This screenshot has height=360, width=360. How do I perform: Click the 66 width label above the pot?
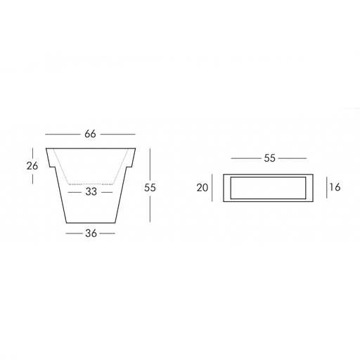click(x=90, y=134)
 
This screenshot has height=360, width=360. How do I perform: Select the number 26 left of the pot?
click(x=32, y=166)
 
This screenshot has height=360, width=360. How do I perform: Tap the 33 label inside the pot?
click(x=91, y=192)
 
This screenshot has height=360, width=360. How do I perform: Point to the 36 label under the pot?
click(x=91, y=233)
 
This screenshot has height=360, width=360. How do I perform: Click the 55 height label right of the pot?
click(x=150, y=188)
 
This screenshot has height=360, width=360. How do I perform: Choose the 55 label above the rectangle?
click(x=269, y=158)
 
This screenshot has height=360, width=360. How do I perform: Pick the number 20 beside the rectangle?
click(x=202, y=188)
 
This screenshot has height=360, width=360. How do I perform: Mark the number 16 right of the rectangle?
click(x=335, y=187)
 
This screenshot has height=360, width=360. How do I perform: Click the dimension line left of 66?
click(x=63, y=134)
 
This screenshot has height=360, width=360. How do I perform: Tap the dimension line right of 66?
click(x=118, y=134)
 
